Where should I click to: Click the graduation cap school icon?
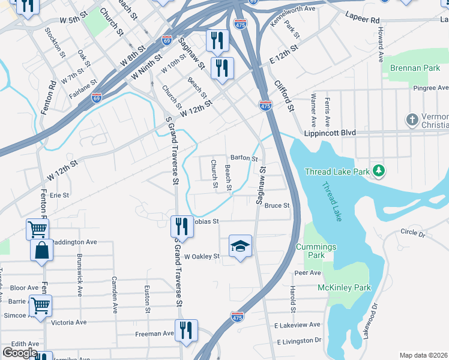pyautogui.click(x=240, y=245)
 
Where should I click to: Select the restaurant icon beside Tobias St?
pyautogui.click(x=180, y=226)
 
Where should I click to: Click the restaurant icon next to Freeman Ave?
pyautogui.click(x=186, y=329)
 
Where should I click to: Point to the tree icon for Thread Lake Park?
pyautogui.click(x=379, y=172)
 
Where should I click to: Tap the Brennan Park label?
pyautogui.click(x=415, y=68)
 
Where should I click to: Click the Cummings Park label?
pyautogui.click(x=316, y=251)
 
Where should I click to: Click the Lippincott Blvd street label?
pyautogui.click(x=330, y=133)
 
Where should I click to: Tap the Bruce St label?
pyautogui.click(x=277, y=206)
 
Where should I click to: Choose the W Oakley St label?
pyautogui.click(x=202, y=256)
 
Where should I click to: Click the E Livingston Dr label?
pyautogui.click(x=298, y=340)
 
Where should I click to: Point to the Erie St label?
pyautogui.click(x=60, y=195)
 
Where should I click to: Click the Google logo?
pyautogui.click(x=20, y=353)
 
